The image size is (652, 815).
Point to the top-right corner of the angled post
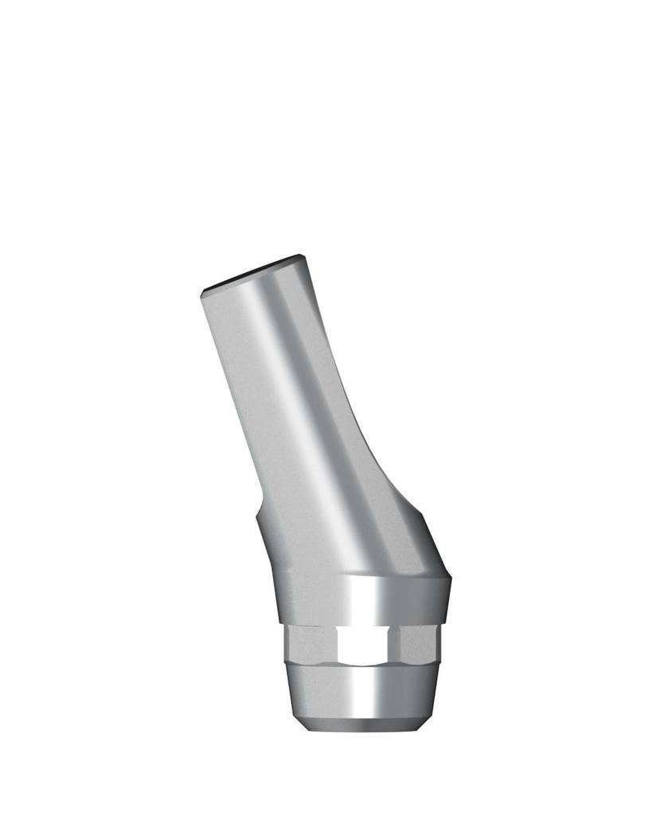pyautogui.click(x=303, y=257)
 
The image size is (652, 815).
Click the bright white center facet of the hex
pyautogui.click(x=366, y=645)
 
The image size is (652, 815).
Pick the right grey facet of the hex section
pyautogui.click(x=420, y=645)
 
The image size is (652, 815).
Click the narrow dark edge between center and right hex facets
pyautogui.click(x=397, y=645)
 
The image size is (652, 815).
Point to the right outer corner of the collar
pyautogui.click(x=451, y=576)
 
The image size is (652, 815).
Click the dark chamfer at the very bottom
pyautogui.click(x=362, y=726)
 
